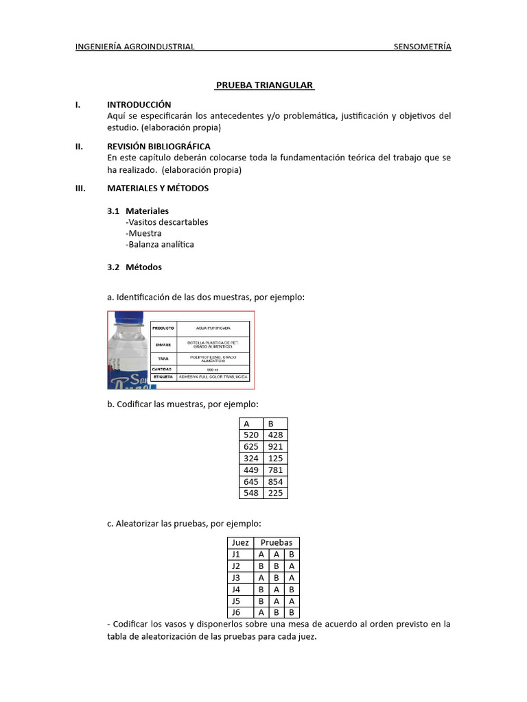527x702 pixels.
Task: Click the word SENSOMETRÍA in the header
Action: pos(422,47)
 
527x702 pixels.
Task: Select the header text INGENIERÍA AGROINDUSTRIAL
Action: pos(135,47)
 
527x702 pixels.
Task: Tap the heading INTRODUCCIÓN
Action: pos(139,105)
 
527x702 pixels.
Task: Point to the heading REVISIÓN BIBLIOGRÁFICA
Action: pos(159,146)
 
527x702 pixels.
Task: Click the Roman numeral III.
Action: pos(80,188)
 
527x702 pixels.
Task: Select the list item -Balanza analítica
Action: pos(160,244)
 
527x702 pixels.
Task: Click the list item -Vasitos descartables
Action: pos(167,222)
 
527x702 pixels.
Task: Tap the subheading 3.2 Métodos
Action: pos(134,267)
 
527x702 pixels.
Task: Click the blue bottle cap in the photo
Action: pos(127,317)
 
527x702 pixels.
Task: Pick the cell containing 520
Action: pos(251,435)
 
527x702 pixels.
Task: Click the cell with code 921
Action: pos(276,447)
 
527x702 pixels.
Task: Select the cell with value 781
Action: pos(276,470)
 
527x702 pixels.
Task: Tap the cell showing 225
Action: pos(276,493)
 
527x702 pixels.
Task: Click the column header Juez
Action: pos(240,542)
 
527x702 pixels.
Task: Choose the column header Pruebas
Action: pos(276,542)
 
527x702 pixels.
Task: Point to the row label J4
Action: pos(236,589)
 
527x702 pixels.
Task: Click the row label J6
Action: pos(236,612)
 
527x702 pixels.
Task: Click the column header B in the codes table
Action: pos(271,424)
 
